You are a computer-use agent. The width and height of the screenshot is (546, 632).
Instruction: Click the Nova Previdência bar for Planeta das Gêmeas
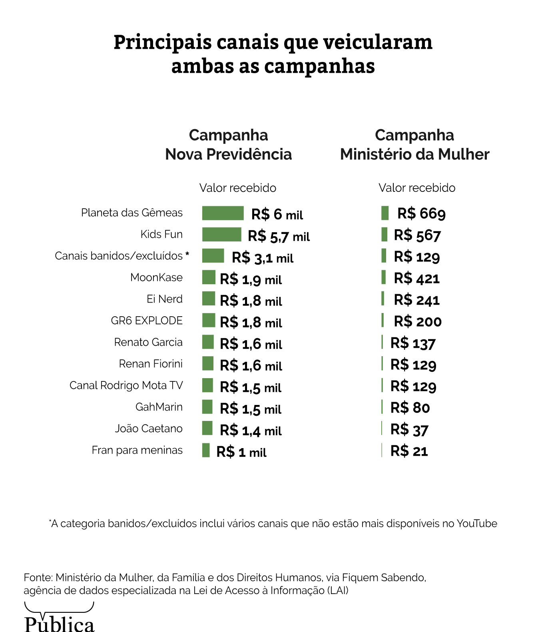coord(223,213)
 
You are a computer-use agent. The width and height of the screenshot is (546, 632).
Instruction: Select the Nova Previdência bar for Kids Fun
coord(221,235)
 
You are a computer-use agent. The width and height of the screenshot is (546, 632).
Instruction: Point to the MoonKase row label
coord(156,277)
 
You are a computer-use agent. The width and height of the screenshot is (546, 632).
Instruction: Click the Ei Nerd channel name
coord(164,299)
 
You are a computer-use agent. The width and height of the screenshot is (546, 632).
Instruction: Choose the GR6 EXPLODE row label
coord(147,321)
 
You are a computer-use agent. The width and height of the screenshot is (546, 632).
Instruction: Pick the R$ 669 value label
coord(421,214)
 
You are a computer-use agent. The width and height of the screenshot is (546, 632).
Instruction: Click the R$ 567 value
coord(417,235)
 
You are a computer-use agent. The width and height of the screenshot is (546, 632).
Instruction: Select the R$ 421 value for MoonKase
coord(416,279)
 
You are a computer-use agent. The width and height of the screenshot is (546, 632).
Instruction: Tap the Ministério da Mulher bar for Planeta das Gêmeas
coord(385,213)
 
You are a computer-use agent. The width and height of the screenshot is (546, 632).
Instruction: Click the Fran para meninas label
coord(137,450)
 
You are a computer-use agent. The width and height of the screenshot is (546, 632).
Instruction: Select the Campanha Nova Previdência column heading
coord(229,145)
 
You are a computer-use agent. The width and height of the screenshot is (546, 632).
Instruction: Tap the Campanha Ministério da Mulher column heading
coord(414,145)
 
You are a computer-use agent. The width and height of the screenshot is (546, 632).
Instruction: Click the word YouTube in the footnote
coord(477,524)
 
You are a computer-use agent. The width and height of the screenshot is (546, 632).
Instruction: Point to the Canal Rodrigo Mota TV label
coord(126,385)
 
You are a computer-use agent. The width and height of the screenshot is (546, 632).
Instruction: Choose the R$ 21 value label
coord(409,451)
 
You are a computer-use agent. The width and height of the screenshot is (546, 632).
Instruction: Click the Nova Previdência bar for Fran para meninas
coord(206,450)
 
